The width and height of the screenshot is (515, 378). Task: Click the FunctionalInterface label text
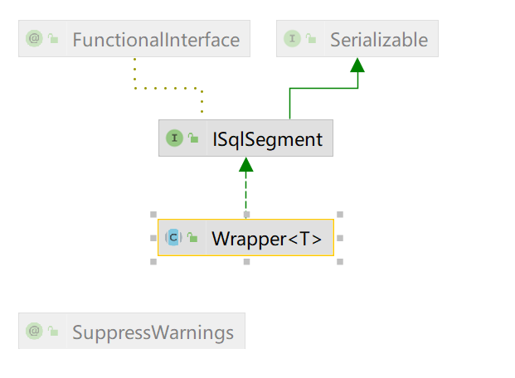point(155,39)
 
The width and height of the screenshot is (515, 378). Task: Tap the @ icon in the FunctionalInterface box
point(35,39)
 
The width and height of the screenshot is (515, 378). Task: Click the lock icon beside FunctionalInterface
point(54,39)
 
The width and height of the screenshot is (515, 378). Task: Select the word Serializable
point(378,39)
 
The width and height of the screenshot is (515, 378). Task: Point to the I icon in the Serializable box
point(292,39)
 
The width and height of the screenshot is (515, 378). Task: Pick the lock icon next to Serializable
point(312,39)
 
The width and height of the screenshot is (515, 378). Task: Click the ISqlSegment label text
point(266,138)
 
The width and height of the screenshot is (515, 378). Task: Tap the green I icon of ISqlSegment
point(174,138)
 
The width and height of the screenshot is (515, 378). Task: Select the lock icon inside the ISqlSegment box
point(193,138)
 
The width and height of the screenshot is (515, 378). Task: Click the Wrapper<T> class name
point(266,238)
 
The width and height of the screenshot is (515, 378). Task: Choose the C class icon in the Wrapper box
point(173,238)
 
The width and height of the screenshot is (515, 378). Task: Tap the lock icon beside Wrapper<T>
point(193,238)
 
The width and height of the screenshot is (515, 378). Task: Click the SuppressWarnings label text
point(153,332)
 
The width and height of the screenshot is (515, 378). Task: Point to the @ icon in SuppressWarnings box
point(35,332)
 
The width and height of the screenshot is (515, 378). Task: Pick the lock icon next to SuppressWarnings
point(54,332)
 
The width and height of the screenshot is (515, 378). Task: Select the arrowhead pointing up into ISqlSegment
point(245,165)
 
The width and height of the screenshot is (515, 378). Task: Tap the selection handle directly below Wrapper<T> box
point(246,262)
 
